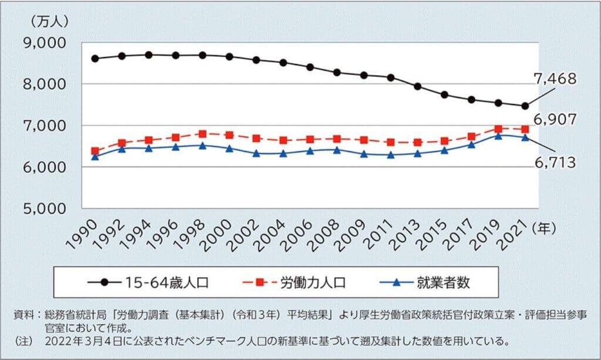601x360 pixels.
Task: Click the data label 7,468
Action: click(555, 79)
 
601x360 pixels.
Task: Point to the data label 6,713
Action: click(555, 163)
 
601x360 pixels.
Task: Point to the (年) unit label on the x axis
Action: click(543, 226)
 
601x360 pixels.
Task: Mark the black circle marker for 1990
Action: click(95, 59)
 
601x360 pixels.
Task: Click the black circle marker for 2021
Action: click(525, 106)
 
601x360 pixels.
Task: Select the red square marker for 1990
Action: click(95, 151)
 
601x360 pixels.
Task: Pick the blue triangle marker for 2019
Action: click(498, 136)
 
